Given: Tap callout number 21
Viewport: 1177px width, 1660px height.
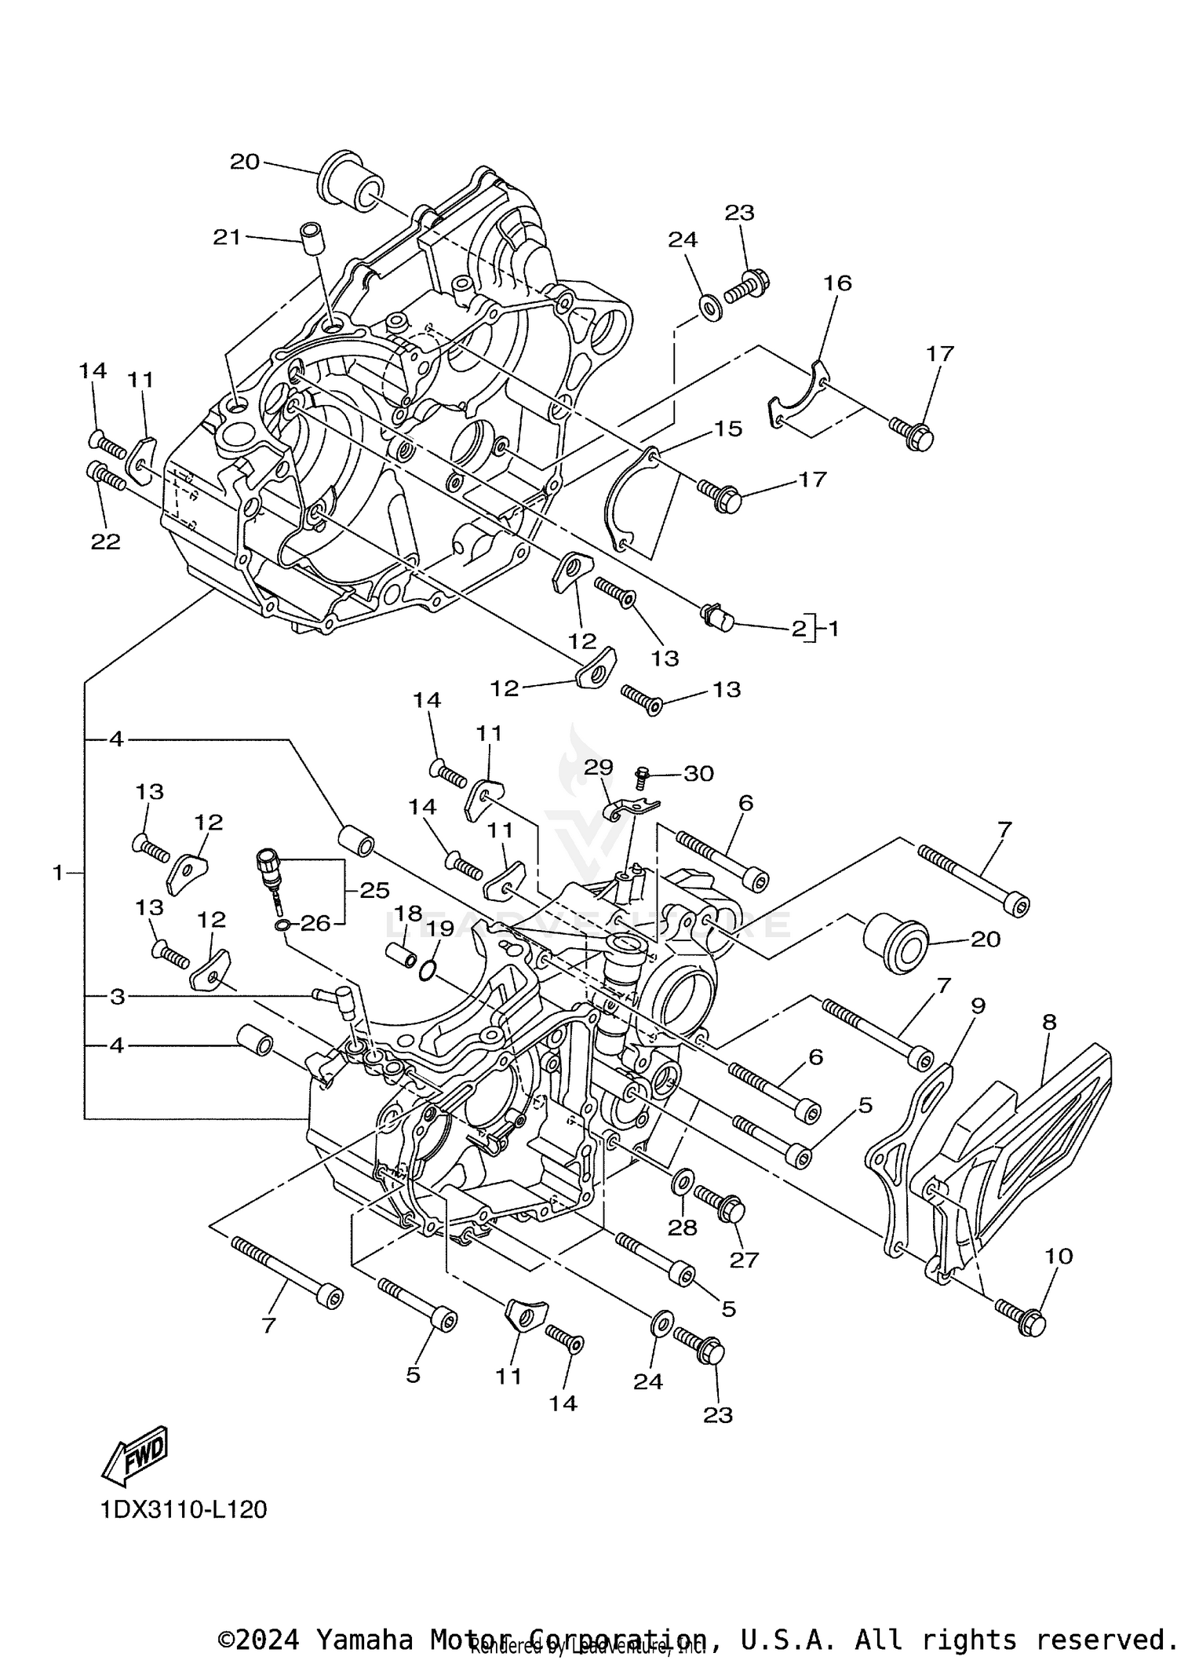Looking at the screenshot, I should pyautogui.click(x=228, y=236).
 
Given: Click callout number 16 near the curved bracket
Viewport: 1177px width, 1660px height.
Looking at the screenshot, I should pyautogui.click(x=837, y=283).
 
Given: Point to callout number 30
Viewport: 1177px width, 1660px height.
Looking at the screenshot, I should pyautogui.click(x=698, y=774).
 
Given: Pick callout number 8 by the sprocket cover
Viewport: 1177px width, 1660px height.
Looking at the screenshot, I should pyautogui.click(x=1049, y=1022).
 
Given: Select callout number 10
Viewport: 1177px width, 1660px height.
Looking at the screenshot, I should pyautogui.click(x=1059, y=1256).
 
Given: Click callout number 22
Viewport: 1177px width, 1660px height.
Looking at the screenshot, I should pyautogui.click(x=106, y=542).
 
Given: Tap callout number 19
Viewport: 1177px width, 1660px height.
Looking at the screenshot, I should pyautogui.click(x=440, y=929).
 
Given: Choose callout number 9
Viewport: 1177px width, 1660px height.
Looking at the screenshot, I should pyautogui.click(x=977, y=1006).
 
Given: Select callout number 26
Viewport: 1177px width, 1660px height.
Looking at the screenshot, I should pyautogui.click(x=315, y=923).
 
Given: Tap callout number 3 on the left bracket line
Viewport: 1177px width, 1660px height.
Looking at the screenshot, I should pyautogui.click(x=117, y=997).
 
